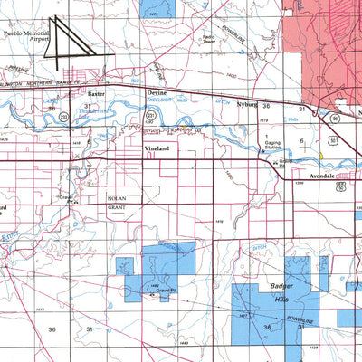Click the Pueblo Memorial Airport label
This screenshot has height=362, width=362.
pyautogui.click(x=25, y=34)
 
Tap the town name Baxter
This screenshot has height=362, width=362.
pyautogui.click(x=97, y=91)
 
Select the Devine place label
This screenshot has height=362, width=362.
pyautogui.click(x=157, y=91)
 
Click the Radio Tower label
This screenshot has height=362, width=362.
pyautogui.click(x=209, y=39)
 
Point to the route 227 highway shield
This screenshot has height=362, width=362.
pyautogui.click(x=149, y=115)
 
